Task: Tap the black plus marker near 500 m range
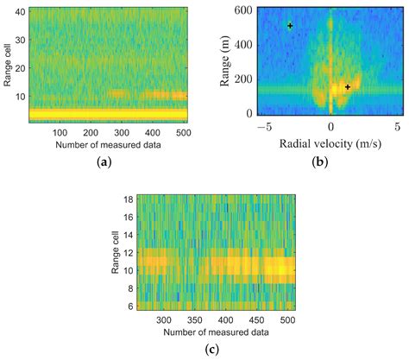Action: [290, 26]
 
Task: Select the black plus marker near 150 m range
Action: [348, 87]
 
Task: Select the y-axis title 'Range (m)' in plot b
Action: [208, 61]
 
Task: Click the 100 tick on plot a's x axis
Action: [60, 132]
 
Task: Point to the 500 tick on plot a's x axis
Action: [182, 132]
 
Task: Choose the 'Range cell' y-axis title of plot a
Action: [7, 61]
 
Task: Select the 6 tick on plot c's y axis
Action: [129, 305]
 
